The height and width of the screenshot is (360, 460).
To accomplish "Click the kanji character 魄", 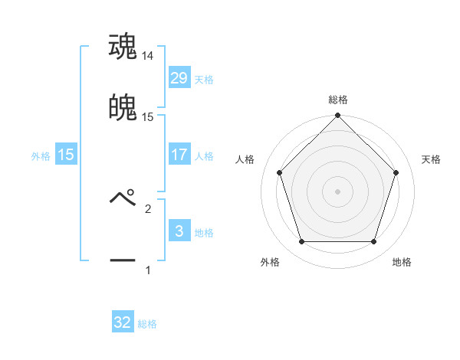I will coord(123,108).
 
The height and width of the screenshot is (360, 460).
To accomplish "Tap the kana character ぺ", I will coord(123,198).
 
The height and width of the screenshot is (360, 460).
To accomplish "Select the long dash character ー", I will coord(123,260).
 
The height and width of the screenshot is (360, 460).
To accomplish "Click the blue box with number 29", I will coord(179,78).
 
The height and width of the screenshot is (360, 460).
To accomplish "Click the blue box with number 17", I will coord(179,155).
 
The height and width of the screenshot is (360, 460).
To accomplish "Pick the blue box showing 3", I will coord(179,231).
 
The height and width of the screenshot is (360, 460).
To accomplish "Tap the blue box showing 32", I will coord(123,322).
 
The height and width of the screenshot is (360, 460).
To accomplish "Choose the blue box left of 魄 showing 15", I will coord(66,155).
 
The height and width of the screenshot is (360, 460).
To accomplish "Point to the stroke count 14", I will coord(148,56).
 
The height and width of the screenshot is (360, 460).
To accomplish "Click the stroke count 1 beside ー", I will coord(148,270).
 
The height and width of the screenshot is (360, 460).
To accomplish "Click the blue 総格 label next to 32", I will coord(147,324).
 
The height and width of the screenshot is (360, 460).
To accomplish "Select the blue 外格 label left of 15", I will coord(41,156).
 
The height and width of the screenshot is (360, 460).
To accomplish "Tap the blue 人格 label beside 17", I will coord(204,156).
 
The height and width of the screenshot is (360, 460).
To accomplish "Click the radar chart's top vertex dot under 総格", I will coord(337,117).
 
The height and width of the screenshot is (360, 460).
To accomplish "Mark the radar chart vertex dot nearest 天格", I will coord(396,172).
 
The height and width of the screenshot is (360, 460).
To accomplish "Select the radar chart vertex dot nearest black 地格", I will coord(373,242).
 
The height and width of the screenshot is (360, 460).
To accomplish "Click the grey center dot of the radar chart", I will coord(337,191).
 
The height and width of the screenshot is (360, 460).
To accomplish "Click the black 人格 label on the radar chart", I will coord(245,159).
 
